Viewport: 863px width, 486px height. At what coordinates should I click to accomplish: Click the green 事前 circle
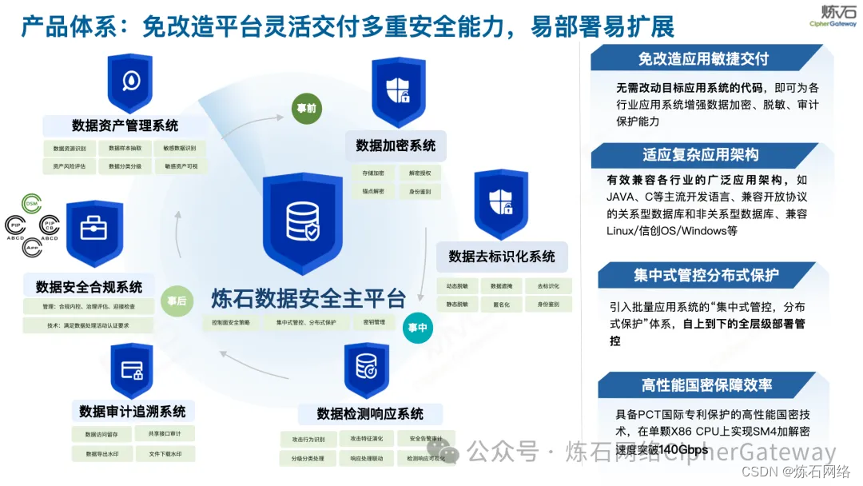306,108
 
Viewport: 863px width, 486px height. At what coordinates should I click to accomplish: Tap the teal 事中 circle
417,328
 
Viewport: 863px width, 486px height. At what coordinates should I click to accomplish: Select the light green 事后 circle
176,301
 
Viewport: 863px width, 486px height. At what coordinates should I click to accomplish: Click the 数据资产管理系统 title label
125,125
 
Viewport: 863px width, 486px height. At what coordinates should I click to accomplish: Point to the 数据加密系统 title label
396,145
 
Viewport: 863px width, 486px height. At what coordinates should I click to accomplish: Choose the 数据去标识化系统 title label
502,257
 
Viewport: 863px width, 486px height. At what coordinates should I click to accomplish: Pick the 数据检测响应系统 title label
370,413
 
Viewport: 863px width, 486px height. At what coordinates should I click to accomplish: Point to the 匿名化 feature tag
502,305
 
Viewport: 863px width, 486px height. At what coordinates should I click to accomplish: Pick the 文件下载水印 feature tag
165,454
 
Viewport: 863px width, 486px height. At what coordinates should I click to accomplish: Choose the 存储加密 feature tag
373,173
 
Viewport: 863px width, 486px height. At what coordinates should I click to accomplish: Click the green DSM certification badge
33,205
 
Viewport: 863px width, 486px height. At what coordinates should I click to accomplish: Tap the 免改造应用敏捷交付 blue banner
702,58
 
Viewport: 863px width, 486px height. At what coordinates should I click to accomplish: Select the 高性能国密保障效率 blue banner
706,384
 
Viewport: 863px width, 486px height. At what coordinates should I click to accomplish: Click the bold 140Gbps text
685,450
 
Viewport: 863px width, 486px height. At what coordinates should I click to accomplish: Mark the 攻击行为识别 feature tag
308,439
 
